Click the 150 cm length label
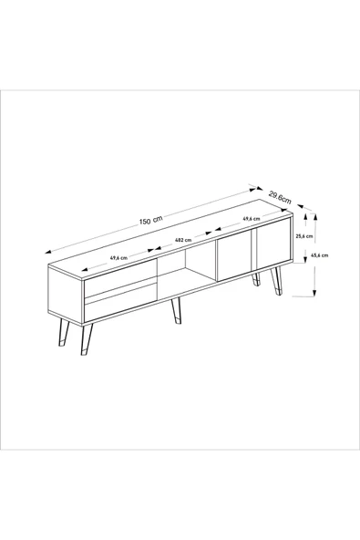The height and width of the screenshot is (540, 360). pos(150,221)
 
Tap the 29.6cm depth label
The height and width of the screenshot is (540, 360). pos(280,197)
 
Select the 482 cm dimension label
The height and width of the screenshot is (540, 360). pos(183,240)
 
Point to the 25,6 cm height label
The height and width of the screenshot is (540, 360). pos(304,236)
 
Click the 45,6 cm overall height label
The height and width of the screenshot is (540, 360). pos(319,255)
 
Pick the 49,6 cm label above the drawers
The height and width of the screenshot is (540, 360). pos(118,257)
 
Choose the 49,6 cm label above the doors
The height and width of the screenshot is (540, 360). pos(252,219)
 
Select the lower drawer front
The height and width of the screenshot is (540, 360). pos(120,302)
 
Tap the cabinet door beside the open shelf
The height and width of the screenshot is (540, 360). pos(233,255)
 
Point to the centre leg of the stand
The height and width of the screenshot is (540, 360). pos(176,311)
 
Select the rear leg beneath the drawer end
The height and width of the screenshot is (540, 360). pos(64,332)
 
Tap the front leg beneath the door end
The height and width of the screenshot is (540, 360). pos(277,281)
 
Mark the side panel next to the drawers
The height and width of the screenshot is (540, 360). pos(67,294)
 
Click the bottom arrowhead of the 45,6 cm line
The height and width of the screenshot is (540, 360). pos(314,293)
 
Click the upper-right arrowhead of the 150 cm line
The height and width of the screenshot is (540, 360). pos(253,187)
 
